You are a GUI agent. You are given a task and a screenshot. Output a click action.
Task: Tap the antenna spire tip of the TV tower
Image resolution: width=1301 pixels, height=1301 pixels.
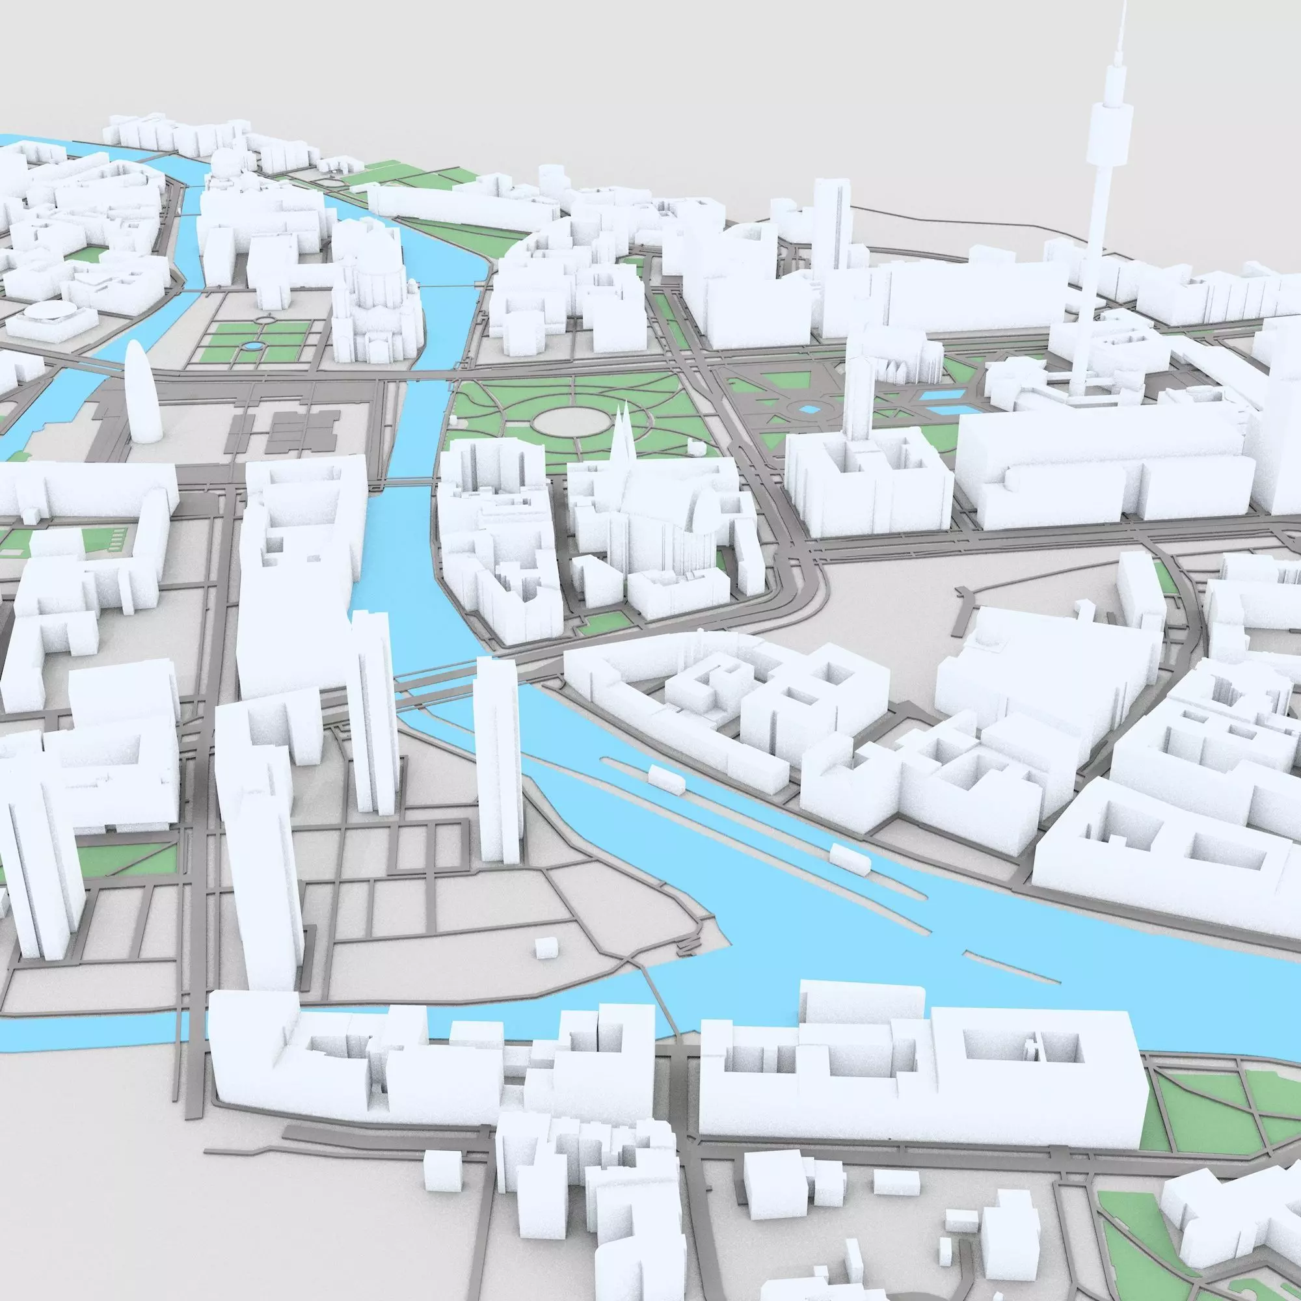click(x=1123, y=5)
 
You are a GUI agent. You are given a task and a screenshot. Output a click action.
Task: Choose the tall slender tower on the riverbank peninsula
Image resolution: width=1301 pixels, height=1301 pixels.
click(x=499, y=761)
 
